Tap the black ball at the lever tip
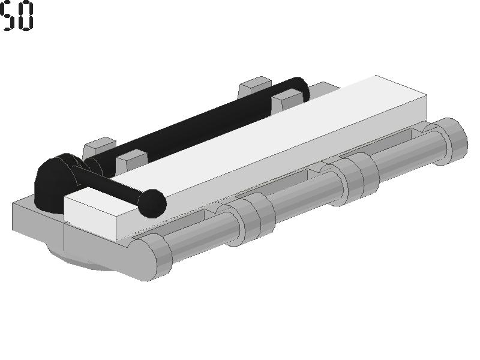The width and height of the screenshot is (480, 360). [152, 203]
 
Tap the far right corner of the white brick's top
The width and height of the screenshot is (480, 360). [427, 95]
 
